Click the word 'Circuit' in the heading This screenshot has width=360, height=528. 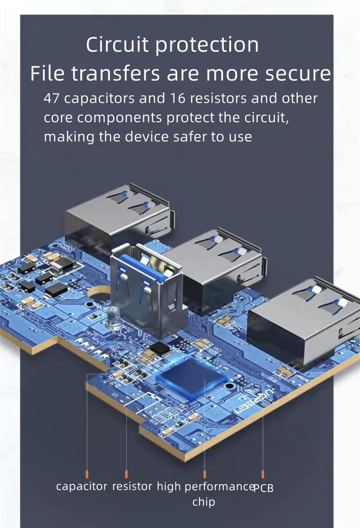117,44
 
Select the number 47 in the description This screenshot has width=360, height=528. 52,99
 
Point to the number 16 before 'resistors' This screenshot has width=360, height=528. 177,99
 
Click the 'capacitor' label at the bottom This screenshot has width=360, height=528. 81,486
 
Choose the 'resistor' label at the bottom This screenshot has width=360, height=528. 132,486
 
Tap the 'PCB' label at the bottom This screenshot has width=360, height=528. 263,488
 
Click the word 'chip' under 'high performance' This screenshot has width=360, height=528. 203,502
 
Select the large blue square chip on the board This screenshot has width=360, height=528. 191,377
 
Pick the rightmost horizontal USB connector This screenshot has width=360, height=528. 304,322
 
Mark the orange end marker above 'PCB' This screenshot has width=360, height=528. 263,475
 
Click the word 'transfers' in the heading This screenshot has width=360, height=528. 115,73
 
